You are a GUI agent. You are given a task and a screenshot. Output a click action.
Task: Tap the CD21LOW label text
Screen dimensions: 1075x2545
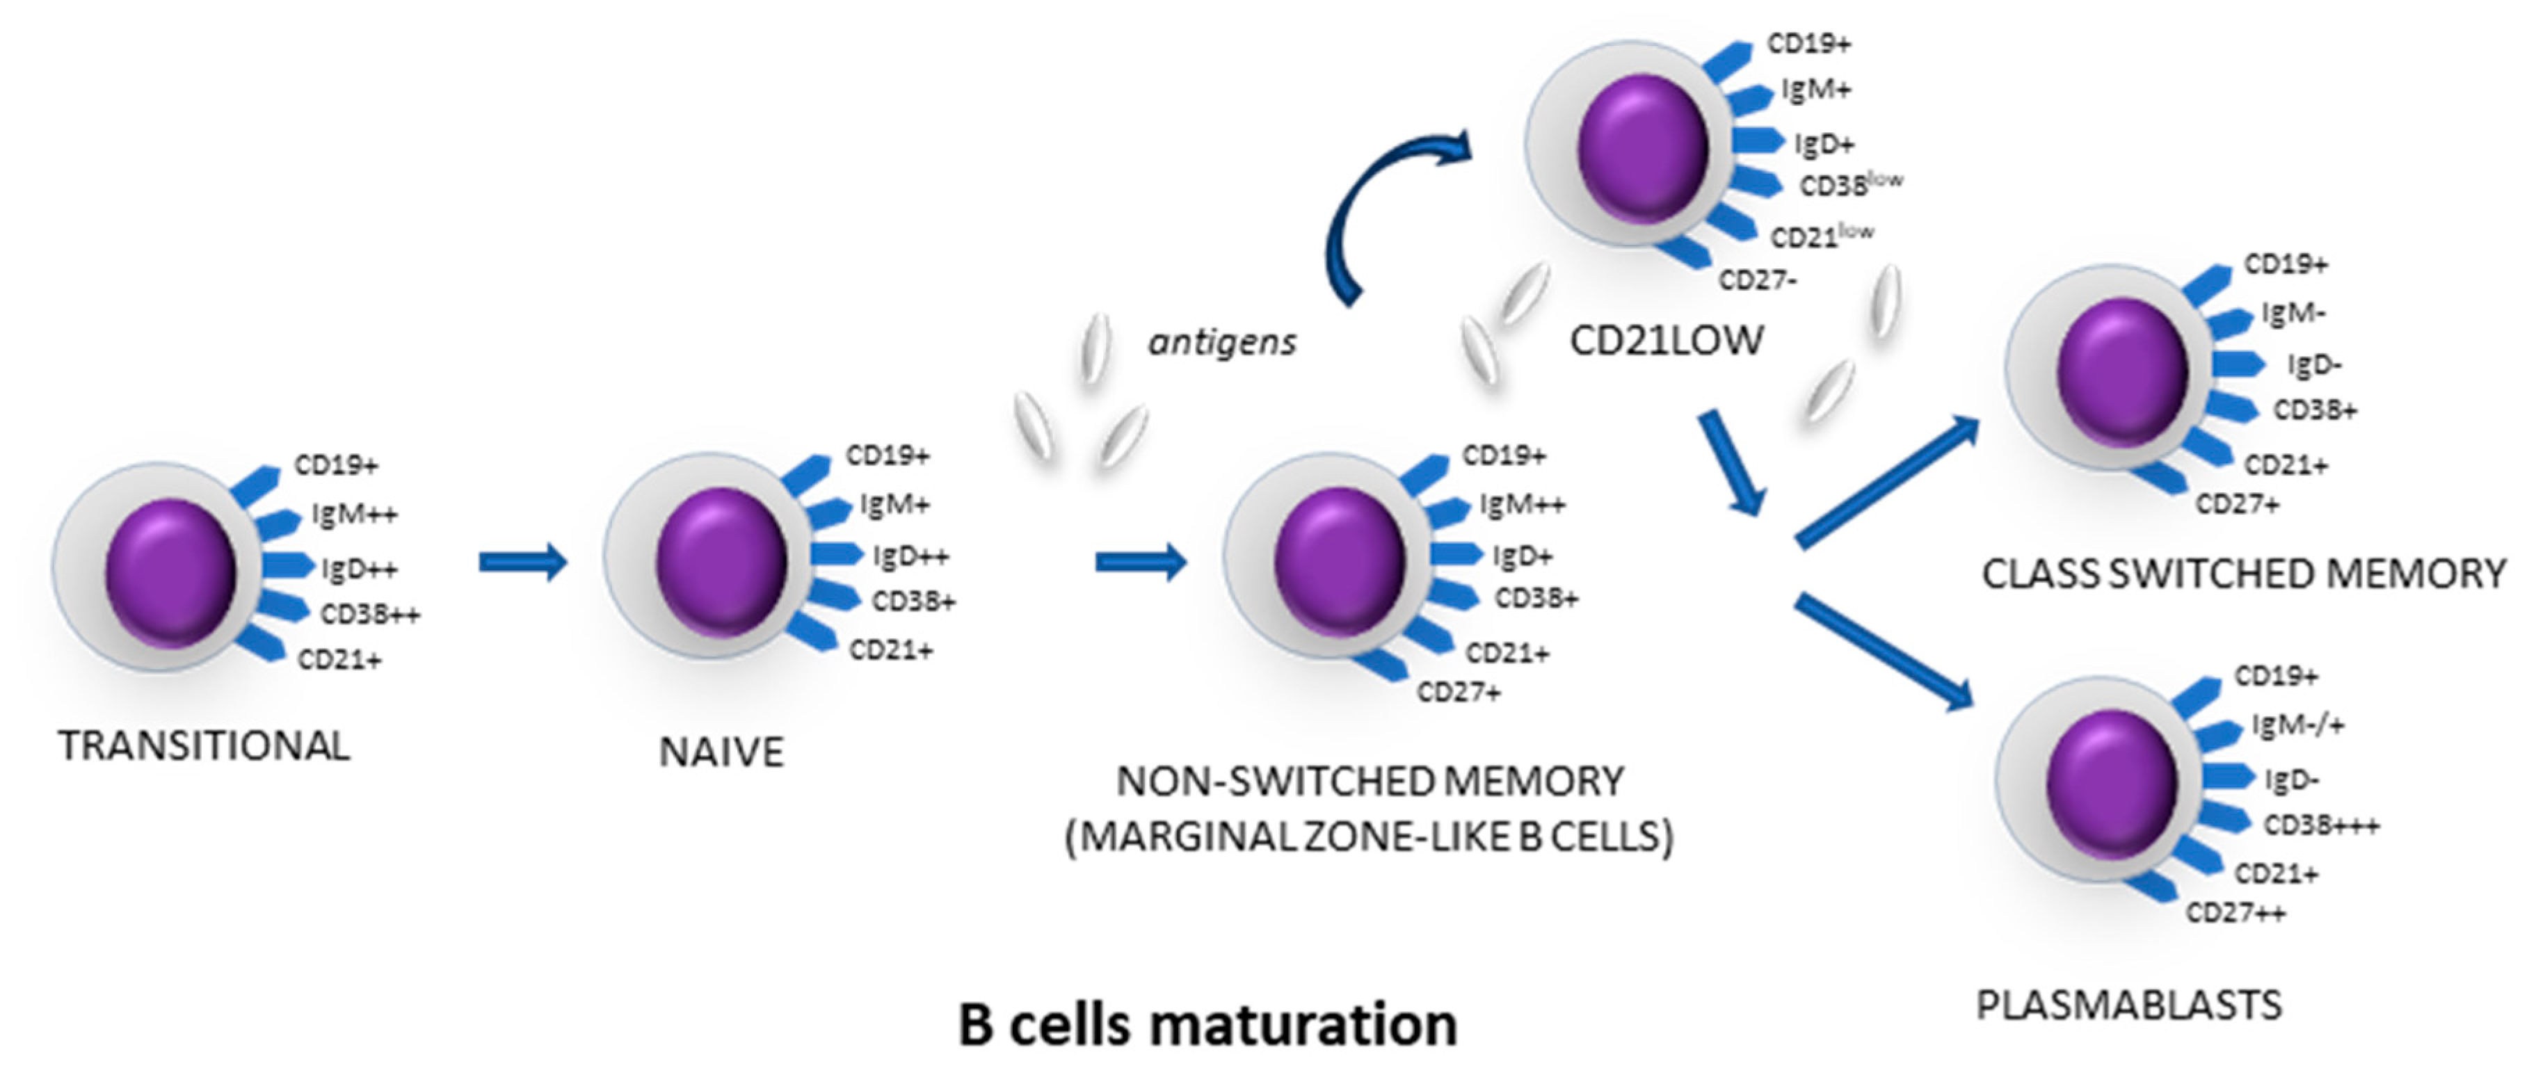coord(1666,341)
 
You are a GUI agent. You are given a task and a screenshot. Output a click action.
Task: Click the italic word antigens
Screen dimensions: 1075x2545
coord(1221,343)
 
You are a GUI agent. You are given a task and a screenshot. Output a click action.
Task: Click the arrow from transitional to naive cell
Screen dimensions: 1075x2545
coord(522,563)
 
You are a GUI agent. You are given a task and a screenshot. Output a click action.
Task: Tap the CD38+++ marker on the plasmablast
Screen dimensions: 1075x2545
coord(2321,825)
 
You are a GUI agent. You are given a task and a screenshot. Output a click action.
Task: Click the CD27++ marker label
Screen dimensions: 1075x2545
coord(2235,913)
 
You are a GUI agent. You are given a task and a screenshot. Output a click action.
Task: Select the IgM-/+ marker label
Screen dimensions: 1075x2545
coord(2297,725)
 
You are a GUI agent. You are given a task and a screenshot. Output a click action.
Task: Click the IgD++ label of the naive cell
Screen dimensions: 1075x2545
coord(910,556)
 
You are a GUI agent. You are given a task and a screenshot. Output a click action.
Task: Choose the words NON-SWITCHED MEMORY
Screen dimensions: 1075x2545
coord(1370,782)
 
